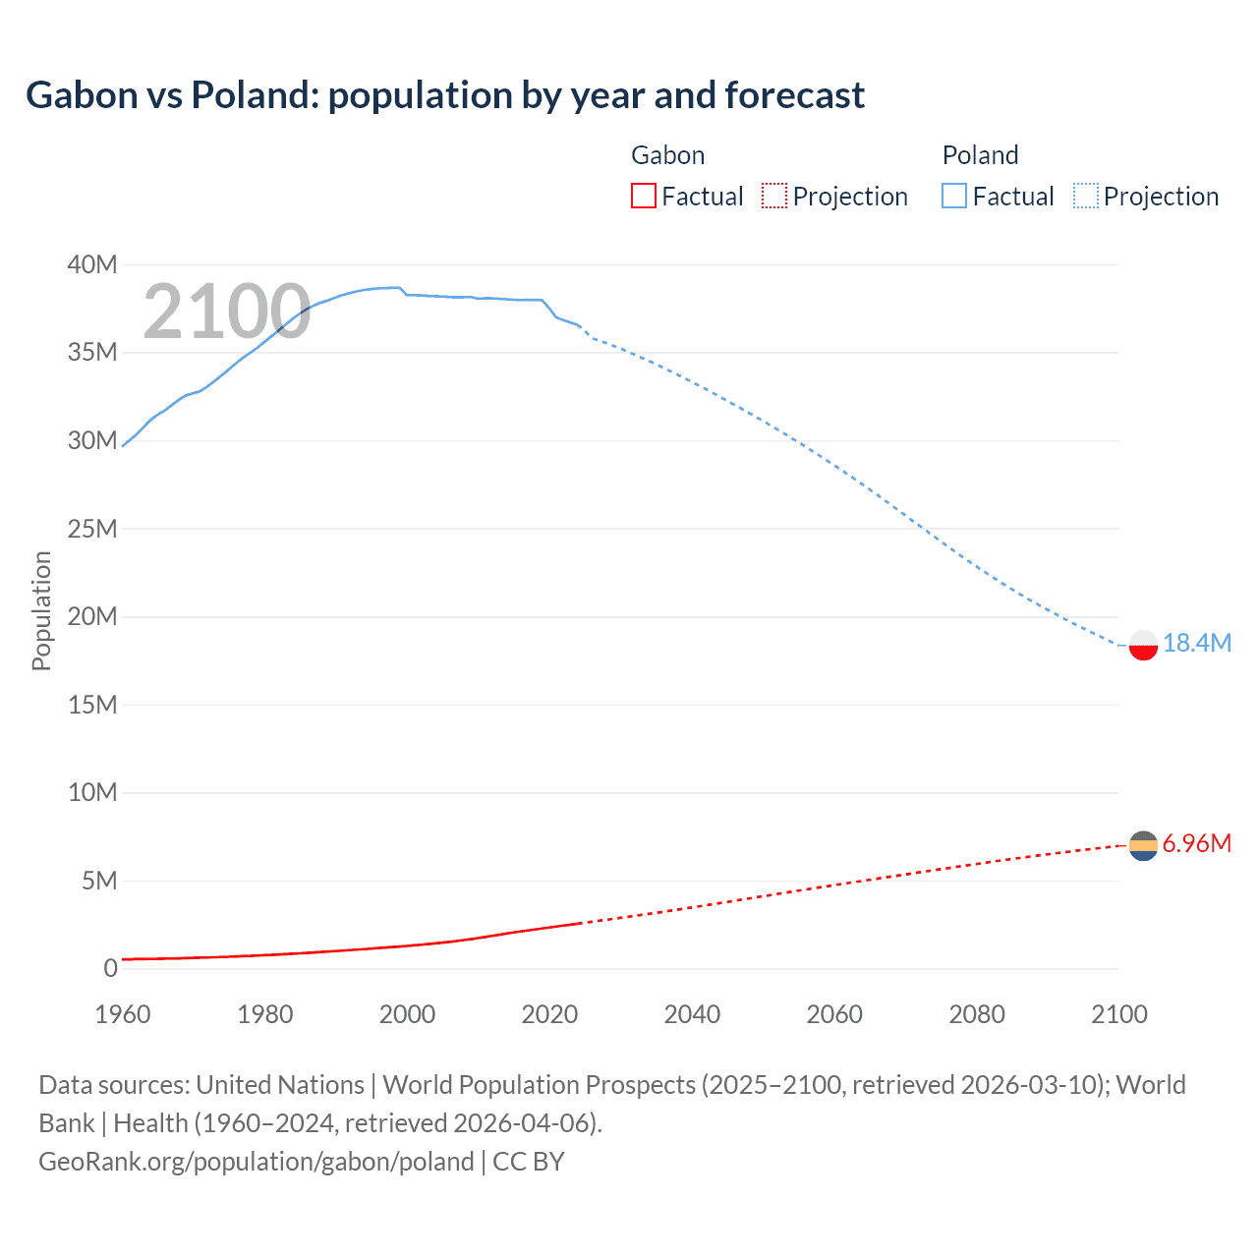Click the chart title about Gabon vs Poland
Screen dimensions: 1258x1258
445,95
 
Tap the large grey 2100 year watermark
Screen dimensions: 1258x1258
227,313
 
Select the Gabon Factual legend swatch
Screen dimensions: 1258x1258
644,196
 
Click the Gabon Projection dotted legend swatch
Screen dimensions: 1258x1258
774,196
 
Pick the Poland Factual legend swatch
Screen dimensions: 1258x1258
954,196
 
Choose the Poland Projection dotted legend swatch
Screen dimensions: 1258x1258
1086,196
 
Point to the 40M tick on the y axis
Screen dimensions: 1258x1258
92,264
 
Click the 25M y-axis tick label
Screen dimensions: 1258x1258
92,529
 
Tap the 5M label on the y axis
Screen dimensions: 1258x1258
99,881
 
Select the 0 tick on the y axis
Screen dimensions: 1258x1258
110,968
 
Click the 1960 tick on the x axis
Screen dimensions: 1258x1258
123,1014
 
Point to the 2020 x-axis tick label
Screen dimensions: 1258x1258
549,1014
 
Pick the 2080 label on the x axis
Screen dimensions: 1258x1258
976,1014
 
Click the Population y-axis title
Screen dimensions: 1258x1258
41,610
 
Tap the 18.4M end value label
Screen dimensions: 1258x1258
1196,643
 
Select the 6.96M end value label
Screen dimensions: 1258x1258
1196,843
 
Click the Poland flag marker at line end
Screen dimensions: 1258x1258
1143,645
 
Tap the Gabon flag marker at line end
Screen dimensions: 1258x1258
1143,845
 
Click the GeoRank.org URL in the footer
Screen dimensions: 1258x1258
257,1161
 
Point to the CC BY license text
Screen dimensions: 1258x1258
528,1161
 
